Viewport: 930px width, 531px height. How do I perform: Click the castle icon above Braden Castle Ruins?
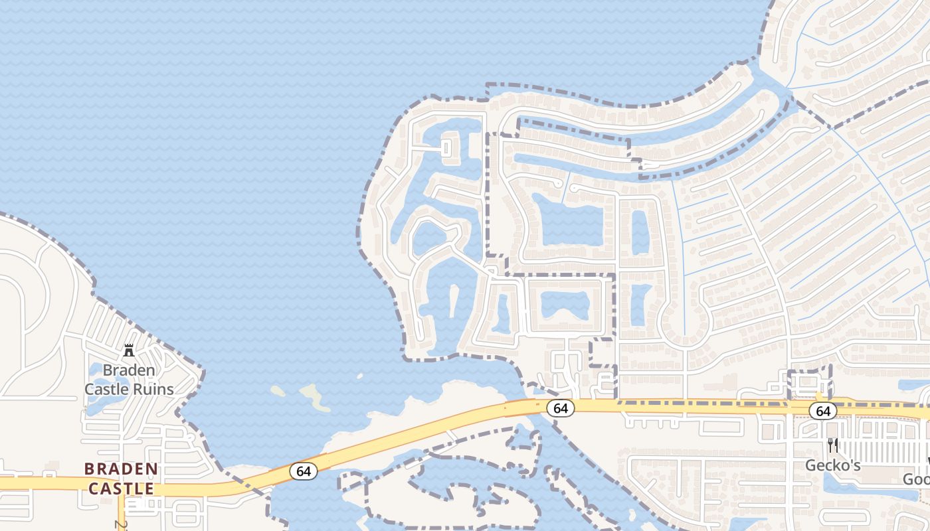coord(129,350)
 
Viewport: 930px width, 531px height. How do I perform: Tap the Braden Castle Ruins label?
coord(129,380)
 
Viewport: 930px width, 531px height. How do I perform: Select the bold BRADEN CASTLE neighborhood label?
coord(122,479)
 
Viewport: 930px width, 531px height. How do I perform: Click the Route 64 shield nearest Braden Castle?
coord(304,471)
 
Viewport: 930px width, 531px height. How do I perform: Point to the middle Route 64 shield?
coord(561,408)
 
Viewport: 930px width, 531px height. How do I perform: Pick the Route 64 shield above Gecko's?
coord(823,412)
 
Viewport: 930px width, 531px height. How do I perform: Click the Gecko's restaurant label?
coord(832,465)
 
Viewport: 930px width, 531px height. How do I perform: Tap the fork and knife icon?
coord(832,445)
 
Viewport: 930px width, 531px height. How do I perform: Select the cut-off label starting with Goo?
coord(917,479)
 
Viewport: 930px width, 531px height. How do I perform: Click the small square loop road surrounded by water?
coord(448,147)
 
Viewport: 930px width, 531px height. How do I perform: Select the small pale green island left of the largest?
coord(278,391)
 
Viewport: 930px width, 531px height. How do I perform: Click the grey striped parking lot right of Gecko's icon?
coord(883,451)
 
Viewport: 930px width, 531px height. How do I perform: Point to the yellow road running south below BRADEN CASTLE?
coord(122,514)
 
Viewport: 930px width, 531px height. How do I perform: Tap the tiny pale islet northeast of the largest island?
coord(359,376)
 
